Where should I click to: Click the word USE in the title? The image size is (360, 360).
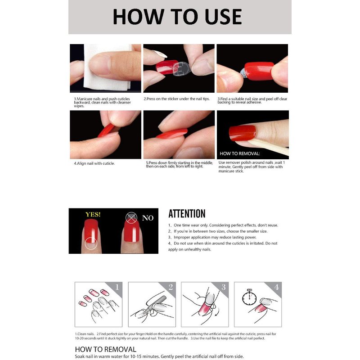point(223,17)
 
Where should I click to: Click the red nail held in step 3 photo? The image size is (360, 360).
point(259,71)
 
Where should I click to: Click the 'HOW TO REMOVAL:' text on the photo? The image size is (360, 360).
point(240,153)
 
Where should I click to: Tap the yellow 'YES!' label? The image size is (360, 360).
point(93,215)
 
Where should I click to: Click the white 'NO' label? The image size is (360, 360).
point(148,218)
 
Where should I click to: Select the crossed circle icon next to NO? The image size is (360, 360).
point(131,218)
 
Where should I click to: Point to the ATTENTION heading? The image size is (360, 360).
point(187,214)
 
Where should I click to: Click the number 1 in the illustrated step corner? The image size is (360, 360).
point(117,287)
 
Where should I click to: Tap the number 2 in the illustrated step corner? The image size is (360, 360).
point(171,287)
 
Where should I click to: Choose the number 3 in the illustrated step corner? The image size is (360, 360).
point(223,287)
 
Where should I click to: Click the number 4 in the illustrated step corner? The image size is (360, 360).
point(276,287)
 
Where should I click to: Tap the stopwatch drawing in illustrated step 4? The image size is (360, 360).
point(249,297)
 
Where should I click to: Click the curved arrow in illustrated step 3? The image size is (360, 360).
point(217,312)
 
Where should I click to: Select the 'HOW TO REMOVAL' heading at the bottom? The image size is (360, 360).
point(106,350)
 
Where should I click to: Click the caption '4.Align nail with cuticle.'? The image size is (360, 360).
point(94,163)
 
